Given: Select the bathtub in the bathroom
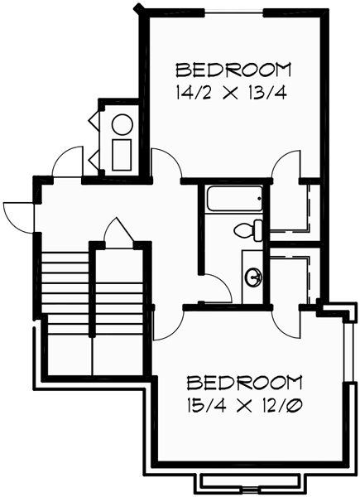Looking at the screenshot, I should click(234, 200).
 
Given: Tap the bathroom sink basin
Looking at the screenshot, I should click(252, 276).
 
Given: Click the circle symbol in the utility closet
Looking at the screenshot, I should click(122, 125).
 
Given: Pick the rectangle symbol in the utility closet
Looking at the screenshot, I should click(122, 154).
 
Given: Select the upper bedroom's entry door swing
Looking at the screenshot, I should click(166, 164).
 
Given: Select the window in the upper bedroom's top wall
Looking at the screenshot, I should click(234, 12).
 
